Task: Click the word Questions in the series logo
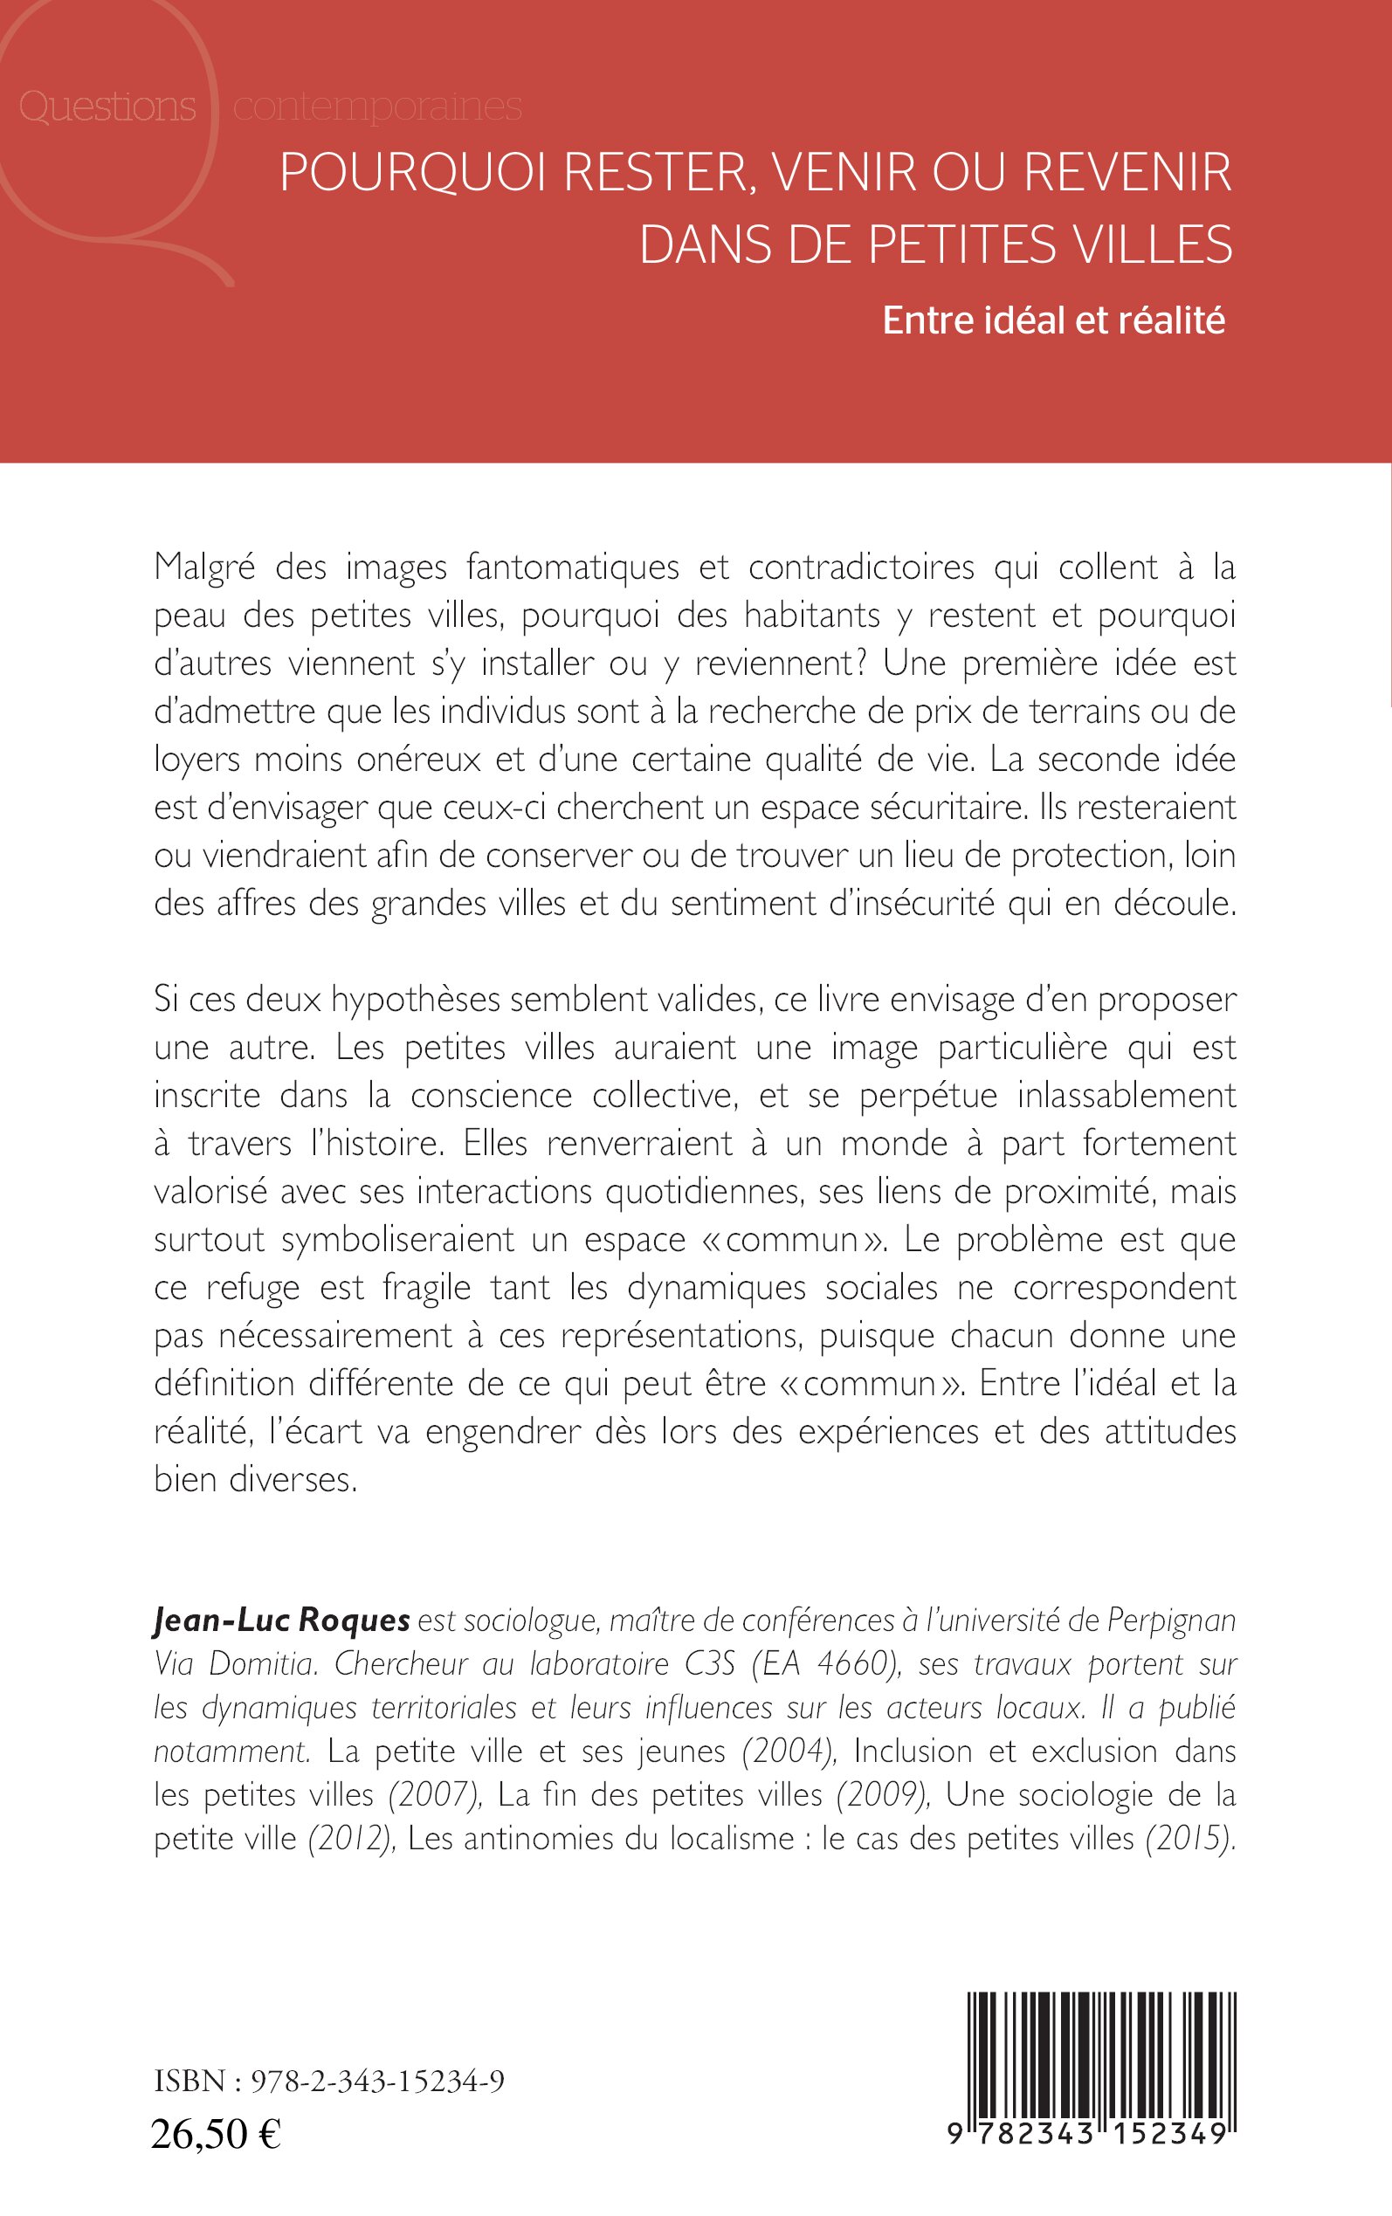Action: (x=107, y=107)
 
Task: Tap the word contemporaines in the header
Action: (x=377, y=107)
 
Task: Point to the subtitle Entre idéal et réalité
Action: (x=1053, y=320)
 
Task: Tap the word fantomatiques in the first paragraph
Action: (x=573, y=567)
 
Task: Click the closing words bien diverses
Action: (x=255, y=1479)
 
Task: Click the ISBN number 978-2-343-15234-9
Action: (x=377, y=2081)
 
